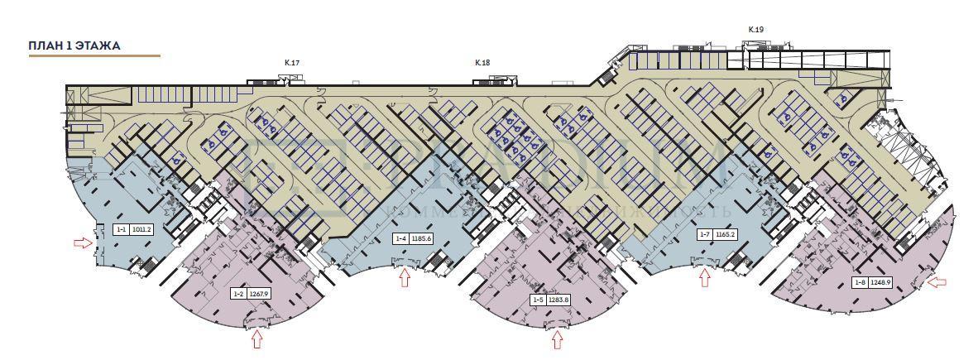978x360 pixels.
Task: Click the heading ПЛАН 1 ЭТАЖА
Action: coord(74,46)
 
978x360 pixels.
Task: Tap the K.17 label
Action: coord(291,62)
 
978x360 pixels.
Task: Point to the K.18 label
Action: coord(482,62)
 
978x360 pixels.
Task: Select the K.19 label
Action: coord(755,29)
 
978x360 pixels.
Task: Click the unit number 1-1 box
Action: coord(121,229)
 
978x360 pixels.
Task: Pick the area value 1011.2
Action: coord(141,229)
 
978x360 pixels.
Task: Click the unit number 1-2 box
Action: coord(238,293)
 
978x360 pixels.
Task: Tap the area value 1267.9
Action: coord(260,293)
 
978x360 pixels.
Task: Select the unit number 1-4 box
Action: coord(400,239)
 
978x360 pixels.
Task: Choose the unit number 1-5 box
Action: coord(538,300)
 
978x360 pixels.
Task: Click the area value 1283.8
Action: coord(559,300)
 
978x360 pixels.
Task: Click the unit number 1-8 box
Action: coord(860,282)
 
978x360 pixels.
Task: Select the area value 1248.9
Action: coord(880,282)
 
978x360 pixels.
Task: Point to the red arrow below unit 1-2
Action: coord(257,338)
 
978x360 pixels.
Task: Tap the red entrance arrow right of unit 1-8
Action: coord(937,282)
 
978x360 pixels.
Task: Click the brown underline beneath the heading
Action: coord(94,56)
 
